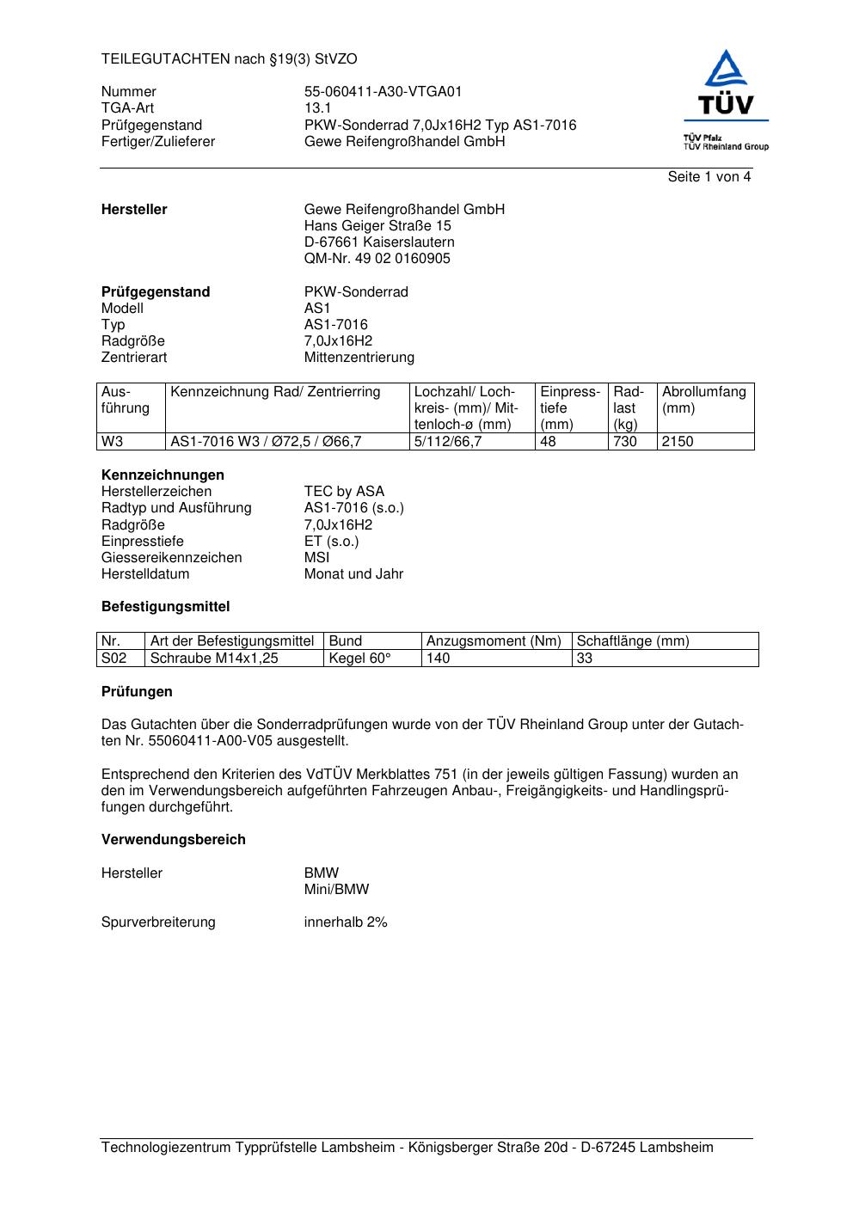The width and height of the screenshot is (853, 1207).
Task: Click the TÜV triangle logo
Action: click(x=727, y=70)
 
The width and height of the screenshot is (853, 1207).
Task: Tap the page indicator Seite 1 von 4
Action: click(x=709, y=177)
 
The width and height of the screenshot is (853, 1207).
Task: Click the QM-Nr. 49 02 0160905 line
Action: click(x=377, y=259)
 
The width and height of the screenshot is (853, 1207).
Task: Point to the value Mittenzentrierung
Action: click(x=359, y=358)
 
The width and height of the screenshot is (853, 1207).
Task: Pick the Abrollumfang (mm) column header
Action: click(x=703, y=400)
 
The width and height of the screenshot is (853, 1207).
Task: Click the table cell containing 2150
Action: click(x=678, y=442)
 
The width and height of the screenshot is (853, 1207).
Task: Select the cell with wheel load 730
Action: click(x=625, y=442)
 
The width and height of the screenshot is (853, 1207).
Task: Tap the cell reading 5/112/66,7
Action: click(x=448, y=442)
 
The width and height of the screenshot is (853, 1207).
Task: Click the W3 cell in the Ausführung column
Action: click(x=113, y=442)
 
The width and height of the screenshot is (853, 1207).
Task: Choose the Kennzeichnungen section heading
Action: click(x=163, y=475)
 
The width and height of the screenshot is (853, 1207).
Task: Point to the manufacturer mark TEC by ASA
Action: click(x=344, y=492)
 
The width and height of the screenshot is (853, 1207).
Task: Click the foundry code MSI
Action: click(x=316, y=558)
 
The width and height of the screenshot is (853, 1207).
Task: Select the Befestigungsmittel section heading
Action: click(x=165, y=607)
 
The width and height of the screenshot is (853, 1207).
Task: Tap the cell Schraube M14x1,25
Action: click(x=214, y=659)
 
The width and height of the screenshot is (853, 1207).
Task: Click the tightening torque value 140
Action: click(x=439, y=659)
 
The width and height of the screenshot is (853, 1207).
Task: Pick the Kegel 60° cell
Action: click(x=359, y=659)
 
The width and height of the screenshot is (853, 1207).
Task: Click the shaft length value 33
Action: click(x=585, y=659)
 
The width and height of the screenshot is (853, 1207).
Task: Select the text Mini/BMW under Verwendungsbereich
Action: click(x=336, y=890)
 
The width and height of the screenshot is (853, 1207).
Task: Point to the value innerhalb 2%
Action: click(x=346, y=922)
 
